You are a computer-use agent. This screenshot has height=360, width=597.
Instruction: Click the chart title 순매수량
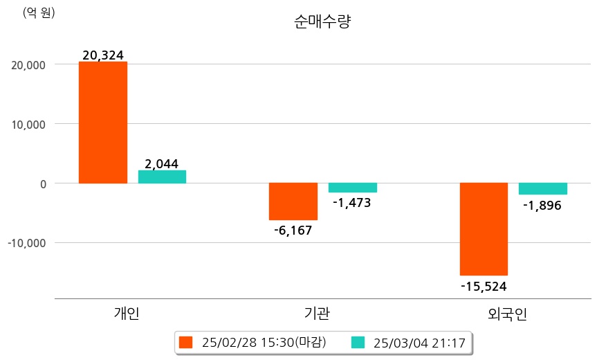click(x=322, y=22)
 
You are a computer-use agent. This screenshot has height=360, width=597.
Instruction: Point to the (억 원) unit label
click(x=39, y=12)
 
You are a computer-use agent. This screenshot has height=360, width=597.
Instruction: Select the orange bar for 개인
click(x=102, y=123)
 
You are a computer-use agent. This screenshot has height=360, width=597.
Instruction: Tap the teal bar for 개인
click(x=162, y=177)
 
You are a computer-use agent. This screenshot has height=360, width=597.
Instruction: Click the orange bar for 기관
click(x=293, y=201)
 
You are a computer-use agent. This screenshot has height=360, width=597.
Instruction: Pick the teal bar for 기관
click(x=352, y=188)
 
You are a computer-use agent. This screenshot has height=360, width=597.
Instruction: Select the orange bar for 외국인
click(x=484, y=229)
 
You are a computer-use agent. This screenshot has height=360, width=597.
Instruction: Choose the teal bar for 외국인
click(x=542, y=189)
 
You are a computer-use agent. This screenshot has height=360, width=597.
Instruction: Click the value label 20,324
click(x=102, y=55)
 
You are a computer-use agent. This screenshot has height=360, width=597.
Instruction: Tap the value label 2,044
click(x=162, y=164)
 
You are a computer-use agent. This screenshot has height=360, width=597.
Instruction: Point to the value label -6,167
click(x=293, y=231)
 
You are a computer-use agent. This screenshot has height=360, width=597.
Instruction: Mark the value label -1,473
click(x=352, y=203)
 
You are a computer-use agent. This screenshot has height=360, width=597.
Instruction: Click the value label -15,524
click(x=484, y=285)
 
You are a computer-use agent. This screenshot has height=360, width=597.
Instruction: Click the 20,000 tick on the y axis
click(x=26, y=65)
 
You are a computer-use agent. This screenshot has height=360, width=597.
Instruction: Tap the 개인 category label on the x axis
click(x=127, y=314)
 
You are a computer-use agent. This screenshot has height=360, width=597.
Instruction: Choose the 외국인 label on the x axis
click(x=508, y=314)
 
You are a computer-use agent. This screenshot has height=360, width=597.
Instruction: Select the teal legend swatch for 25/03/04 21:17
click(x=358, y=342)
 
